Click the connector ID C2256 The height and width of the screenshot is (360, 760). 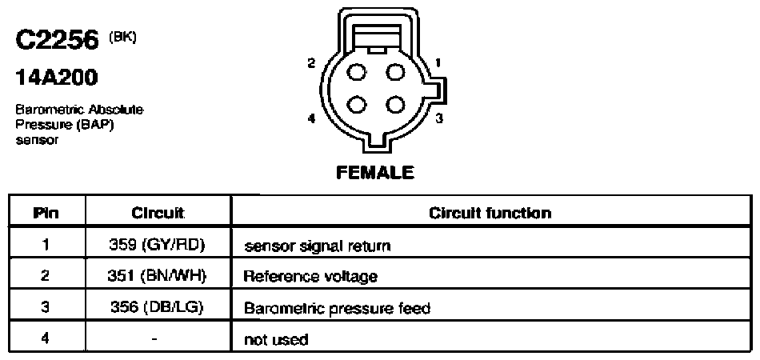click(x=57, y=41)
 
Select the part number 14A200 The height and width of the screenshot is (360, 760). click(x=56, y=77)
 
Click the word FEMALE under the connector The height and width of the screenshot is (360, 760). click(x=375, y=173)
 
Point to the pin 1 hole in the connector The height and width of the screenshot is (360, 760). click(x=395, y=73)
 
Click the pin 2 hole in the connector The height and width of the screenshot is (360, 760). click(x=358, y=73)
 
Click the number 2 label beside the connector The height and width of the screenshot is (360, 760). click(x=311, y=63)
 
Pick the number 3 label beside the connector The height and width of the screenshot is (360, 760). click(x=438, y=118)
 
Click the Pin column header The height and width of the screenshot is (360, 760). click(x=46, y=213)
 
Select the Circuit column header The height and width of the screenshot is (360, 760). click(x=158, y=213)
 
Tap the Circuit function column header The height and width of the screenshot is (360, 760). click(x=490, y=213)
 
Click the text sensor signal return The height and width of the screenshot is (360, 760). click(x=317, y=246)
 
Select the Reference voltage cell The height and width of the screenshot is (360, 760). click(x=310, y=277)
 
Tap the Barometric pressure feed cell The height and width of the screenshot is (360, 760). click(x=337, y=308)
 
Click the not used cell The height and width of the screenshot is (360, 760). click(x=276, y=339)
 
